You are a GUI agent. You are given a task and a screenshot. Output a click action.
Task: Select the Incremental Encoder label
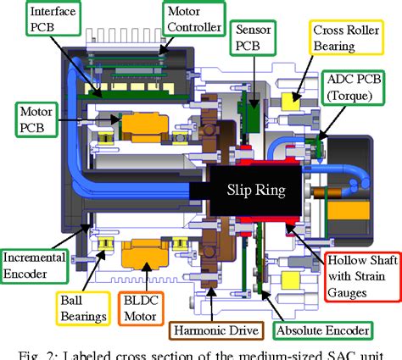pyautogui.click(x=38, y=263)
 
